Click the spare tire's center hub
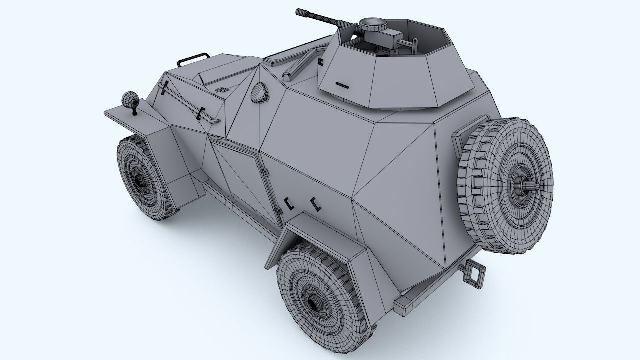pyautogui.click(x=528, y=184)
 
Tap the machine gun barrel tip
pyautogui.click(x=299, y=10)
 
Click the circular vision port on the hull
pyautogui.click(x=259, y=92)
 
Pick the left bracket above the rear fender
pyautogui.click(x=288, y=203)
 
